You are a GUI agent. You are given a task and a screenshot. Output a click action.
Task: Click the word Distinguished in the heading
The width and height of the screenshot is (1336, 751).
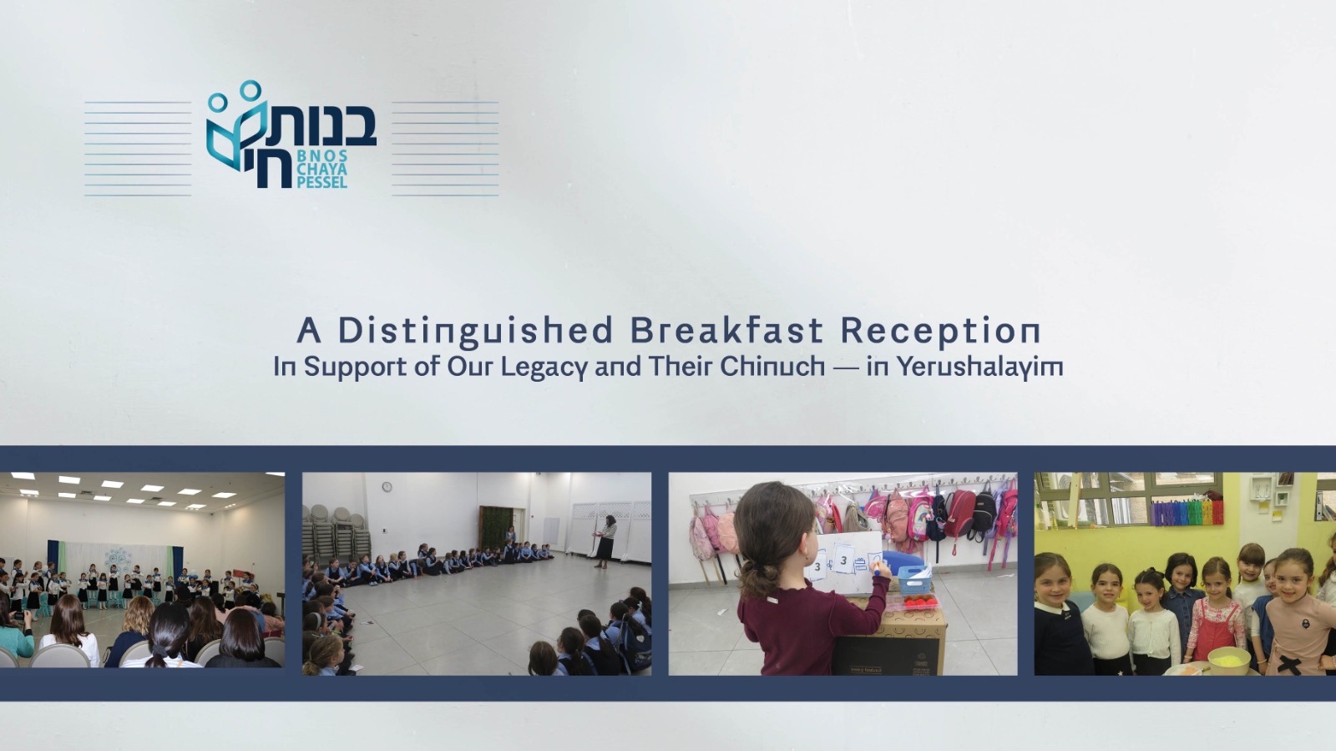[x=475, y=332]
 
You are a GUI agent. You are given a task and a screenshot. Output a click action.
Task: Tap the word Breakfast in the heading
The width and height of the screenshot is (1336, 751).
[x=727, y=331]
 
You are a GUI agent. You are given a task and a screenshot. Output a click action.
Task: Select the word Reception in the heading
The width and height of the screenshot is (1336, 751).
[x=940, y=332]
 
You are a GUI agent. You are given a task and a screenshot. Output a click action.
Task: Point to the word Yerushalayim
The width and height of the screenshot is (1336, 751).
[x=980, y=366]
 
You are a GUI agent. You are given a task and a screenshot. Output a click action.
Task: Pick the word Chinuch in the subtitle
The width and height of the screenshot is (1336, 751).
[x=772, y=366]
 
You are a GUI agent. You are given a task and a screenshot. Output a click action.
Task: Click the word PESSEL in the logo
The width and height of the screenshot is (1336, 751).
[x=321, y=182]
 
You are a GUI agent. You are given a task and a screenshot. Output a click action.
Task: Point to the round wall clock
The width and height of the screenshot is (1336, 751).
[x=387, y=487]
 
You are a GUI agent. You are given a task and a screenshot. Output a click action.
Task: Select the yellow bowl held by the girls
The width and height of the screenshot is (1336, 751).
[x=1228, y=660]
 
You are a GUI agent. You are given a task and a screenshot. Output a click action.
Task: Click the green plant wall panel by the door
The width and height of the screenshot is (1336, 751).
[x=496, y=528]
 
